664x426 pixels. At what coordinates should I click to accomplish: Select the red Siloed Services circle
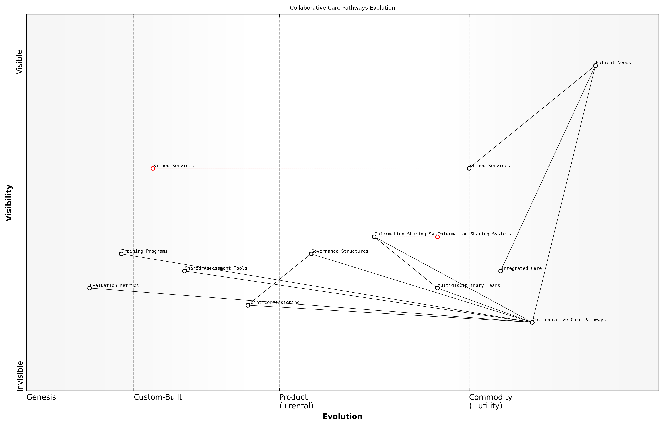tap(153, 168)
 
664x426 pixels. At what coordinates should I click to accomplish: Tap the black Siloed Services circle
tap(469, 168)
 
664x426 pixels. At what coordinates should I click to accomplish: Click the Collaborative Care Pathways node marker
tap(532, 322)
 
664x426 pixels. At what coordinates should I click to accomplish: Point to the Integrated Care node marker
tap(500, 271)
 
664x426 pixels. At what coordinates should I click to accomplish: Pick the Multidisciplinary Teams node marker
tap(437, 288)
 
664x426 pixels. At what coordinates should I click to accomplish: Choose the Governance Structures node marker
tap(311, 254)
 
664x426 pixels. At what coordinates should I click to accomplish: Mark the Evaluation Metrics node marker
tap(90, 288)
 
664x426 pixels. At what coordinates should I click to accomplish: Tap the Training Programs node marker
tap(121, 254)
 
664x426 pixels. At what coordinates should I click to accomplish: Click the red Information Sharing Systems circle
tap(437, 237)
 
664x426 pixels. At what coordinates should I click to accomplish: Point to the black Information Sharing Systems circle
tap(374, 237)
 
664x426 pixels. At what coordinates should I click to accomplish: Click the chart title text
tap(342, 8)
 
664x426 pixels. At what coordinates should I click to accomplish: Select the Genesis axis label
tap(41, 397)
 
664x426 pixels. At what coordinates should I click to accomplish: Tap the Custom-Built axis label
tap(158, 397)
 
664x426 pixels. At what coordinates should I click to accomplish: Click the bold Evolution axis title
tap(342, 416)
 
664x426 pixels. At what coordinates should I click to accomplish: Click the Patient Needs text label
tap(613, 63)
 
